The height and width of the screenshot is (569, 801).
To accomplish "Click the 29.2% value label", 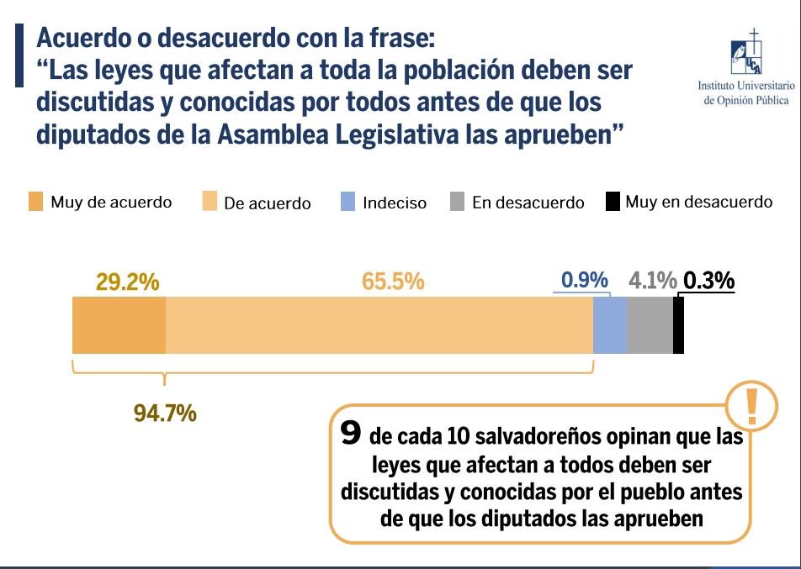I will point(128,282).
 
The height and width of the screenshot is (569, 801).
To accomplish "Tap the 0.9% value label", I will point(585,281).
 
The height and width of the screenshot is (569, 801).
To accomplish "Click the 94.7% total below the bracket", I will point(165,413).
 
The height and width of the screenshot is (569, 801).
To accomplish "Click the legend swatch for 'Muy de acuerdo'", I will point(34,203).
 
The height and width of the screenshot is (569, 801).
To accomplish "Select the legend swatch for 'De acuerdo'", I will point(209,203).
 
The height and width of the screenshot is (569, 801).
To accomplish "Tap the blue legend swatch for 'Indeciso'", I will point(348,203).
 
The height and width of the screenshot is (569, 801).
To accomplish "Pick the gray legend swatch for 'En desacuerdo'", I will point(458,203).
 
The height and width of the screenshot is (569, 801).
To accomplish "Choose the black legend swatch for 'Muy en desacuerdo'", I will point(613,203).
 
